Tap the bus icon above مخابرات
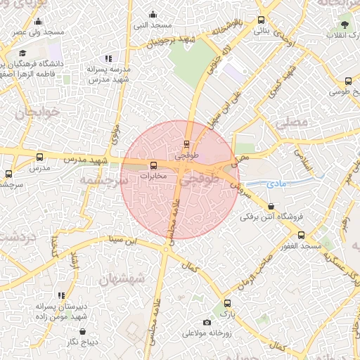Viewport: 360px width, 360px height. point(154,165)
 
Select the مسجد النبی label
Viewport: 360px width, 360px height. point(154,25)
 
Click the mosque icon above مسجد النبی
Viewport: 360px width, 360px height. point(153,14)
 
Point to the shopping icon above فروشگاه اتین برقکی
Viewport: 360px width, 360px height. point(271,206)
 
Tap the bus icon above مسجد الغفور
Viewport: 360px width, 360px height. point(301,235)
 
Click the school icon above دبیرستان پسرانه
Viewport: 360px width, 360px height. point(61,295)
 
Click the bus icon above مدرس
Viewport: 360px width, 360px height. point(39,157)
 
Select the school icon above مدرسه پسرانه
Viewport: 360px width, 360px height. point(108,59)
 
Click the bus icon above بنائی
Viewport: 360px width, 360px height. point(262,20)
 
